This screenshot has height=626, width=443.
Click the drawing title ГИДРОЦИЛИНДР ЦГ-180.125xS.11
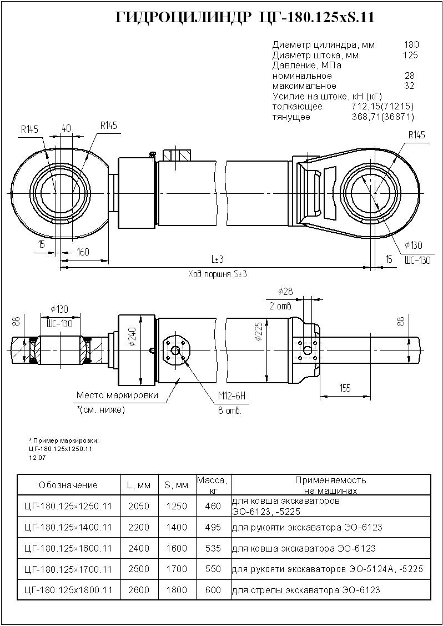[x=244, y=18]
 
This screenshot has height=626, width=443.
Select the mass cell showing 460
[x=213, y=506]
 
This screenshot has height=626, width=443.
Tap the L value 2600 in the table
[x=138, y=590]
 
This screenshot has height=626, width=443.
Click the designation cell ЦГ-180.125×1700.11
[x=69, y=569]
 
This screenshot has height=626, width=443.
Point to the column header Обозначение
[x=68, y=485]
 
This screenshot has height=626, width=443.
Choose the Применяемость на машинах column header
[x=330, y=485]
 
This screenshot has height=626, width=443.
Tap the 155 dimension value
[x=345, y=388]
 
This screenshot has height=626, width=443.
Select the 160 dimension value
[x=83, y=252]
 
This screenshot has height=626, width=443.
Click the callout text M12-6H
[x=231, y=395]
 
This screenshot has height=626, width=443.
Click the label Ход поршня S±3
[x=217, y=274]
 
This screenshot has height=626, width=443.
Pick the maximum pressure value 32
[x=410, y=86]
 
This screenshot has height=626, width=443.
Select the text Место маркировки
[x=117, y=395]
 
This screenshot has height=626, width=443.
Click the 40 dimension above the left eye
[x=66, y=128]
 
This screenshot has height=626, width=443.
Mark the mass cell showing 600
[x=213, y=590]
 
